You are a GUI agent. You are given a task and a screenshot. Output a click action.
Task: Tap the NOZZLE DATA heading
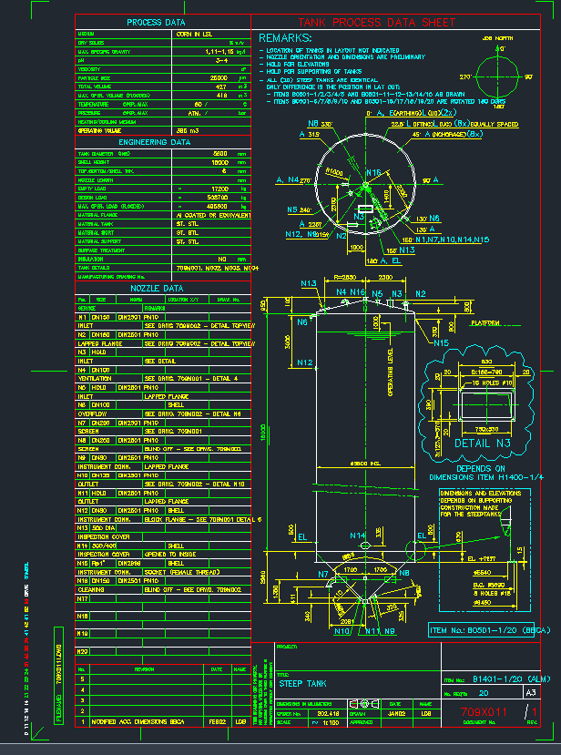point(156,288)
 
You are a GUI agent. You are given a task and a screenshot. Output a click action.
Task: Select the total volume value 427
point(219,86)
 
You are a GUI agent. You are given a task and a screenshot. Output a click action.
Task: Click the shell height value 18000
point(219,162)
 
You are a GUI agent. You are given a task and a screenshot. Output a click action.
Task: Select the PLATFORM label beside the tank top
point(484,323)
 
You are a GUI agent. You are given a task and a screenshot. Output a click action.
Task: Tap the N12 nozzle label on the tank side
point(305,362)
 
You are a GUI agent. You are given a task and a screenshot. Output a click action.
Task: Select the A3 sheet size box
point(530,692)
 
